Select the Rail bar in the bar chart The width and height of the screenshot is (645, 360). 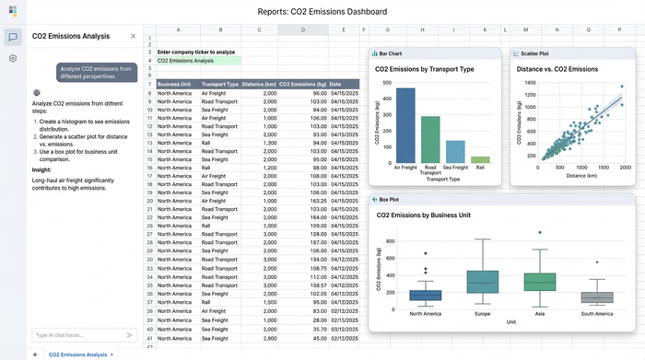(x=480, y=159)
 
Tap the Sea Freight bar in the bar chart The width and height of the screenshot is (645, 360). (x=455, y=152)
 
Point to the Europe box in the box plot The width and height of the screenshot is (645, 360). (x=482, y=282)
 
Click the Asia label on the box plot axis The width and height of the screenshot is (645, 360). (x=540, y=314)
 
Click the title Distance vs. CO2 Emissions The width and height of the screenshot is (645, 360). (x=557, y=69)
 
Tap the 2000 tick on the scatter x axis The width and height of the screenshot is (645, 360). (x=626, y=168)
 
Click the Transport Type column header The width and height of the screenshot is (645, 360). (x=219, y=84)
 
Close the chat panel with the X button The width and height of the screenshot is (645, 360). (x=133, y=36)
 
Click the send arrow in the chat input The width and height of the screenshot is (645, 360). (x=129, y=335)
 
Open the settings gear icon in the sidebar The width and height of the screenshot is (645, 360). (x=13, y=58)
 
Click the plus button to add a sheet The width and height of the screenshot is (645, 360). (x=35, y=354)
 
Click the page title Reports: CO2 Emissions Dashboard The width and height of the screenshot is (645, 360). (x=322, y=11)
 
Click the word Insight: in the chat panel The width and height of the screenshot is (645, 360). (x=41, y=169)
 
